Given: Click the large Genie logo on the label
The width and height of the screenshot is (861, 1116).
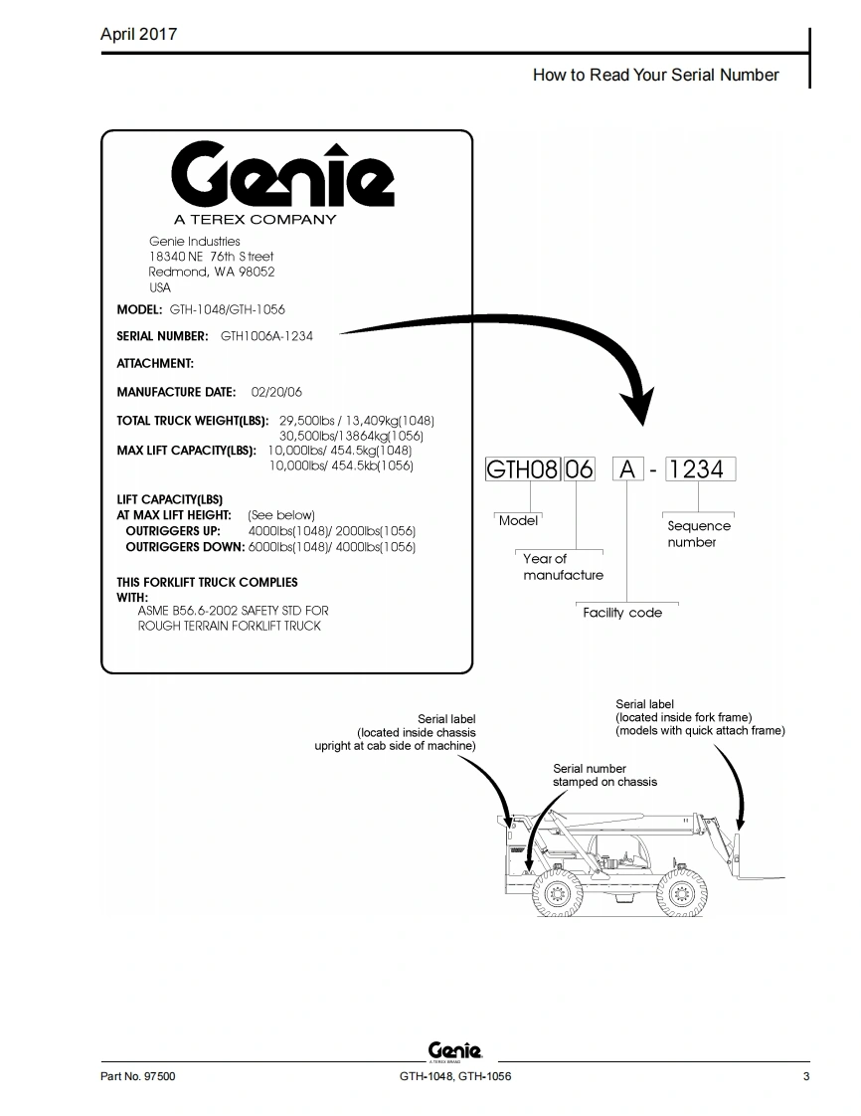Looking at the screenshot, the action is click(282, 176).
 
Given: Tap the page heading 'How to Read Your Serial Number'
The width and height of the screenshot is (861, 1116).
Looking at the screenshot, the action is click(655, 75).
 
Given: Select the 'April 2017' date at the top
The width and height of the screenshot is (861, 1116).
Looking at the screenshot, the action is click(138, 34).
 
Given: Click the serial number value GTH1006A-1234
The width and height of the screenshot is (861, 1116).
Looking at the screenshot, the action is click(266, 336).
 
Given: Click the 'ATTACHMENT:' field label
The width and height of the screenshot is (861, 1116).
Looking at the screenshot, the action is click(155, 364).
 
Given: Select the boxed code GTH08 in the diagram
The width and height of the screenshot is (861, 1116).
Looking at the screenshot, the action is click(522, 469).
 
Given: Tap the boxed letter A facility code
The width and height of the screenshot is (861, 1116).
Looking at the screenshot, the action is click(626, 469).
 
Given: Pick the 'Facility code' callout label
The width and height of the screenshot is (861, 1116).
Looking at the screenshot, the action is click(622, 613).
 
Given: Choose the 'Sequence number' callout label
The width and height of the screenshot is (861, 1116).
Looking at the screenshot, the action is click(698, 534).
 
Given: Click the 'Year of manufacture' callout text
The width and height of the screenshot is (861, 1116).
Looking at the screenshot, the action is click(563, 567).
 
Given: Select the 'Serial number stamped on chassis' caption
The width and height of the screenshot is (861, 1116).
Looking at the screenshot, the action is click(604, 775).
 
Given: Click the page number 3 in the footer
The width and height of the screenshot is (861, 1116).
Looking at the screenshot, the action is click(806, 1076).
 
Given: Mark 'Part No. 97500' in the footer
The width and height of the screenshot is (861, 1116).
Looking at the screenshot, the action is click(138, 1076).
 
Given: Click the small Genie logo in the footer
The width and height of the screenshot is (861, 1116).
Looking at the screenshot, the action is click(454, 1051).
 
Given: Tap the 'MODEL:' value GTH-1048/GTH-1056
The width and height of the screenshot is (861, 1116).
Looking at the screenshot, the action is click(227, 309).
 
